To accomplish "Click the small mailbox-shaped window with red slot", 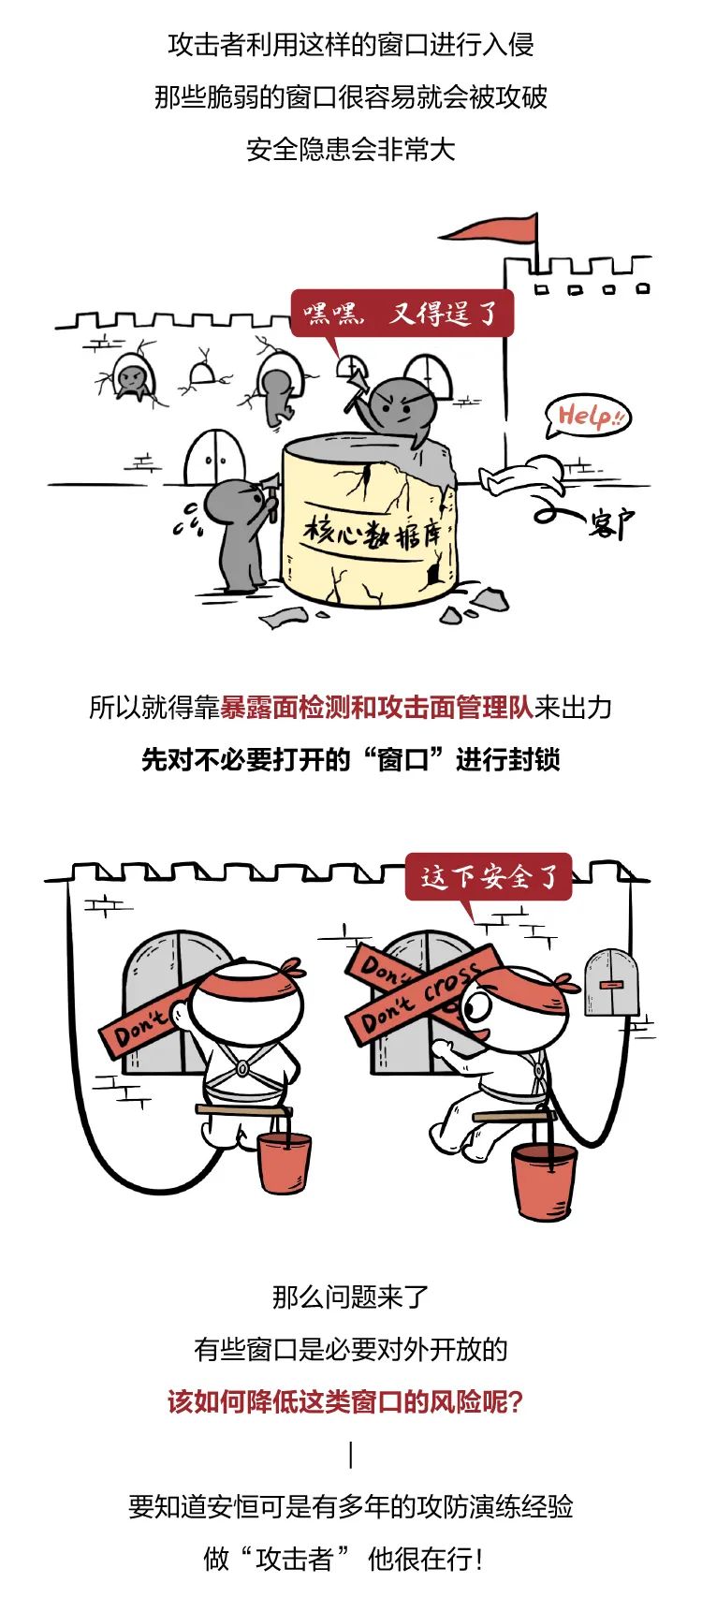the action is pyautogui.click(x=610, y=982).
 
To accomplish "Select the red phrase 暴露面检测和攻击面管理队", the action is pyautogui.click(x=376, y=707).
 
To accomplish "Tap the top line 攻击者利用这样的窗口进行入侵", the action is pyautogui.click(x=351, y=44).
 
